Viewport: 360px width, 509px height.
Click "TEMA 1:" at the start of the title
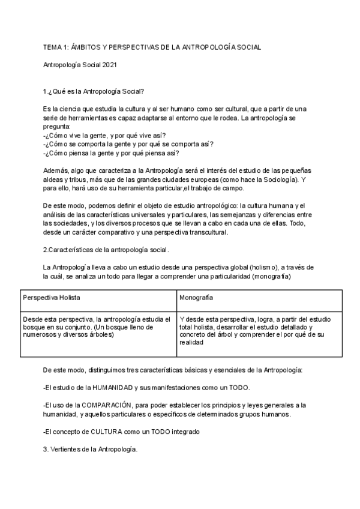click(57, 47)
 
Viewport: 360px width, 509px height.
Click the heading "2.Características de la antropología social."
click(107, 249)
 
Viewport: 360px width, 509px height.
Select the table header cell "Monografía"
click(196, 298)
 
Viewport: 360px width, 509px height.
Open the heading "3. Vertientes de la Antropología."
click(90, 450)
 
